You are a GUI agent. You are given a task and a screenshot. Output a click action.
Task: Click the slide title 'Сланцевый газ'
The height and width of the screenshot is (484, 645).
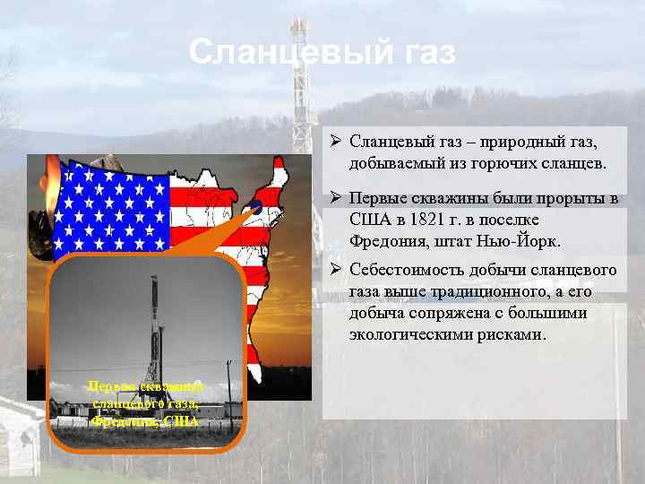point(322,52)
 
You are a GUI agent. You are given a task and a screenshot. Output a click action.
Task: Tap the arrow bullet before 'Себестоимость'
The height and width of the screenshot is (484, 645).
point(332,270)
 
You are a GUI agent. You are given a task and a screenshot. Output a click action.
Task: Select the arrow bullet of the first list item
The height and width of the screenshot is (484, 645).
point(332,143)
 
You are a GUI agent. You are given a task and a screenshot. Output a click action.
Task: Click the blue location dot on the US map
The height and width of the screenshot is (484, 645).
point(255,207)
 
